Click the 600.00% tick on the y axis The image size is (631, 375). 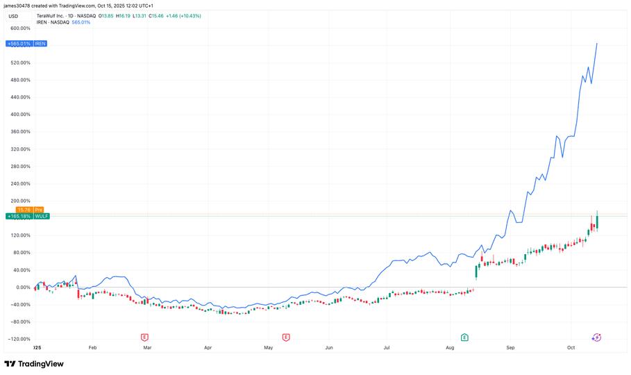coord(19,28)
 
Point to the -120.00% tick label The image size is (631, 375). coord(19,339)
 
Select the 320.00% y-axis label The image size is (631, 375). coord(19,149)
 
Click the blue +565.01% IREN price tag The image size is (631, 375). coord(26,44)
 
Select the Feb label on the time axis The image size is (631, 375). coord(92,346)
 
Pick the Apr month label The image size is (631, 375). coord(208,346)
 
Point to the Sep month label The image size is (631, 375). coord(510,346)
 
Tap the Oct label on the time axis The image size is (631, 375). coord(571,346)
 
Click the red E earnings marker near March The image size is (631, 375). coord(144,337)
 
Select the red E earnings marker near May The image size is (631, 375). coord(286,337)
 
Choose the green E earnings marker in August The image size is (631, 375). coord(464,337)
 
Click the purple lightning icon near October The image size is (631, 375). coord(596,337)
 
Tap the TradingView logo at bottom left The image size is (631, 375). coord(34,364)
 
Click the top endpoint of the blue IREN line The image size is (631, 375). coord(597,44)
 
